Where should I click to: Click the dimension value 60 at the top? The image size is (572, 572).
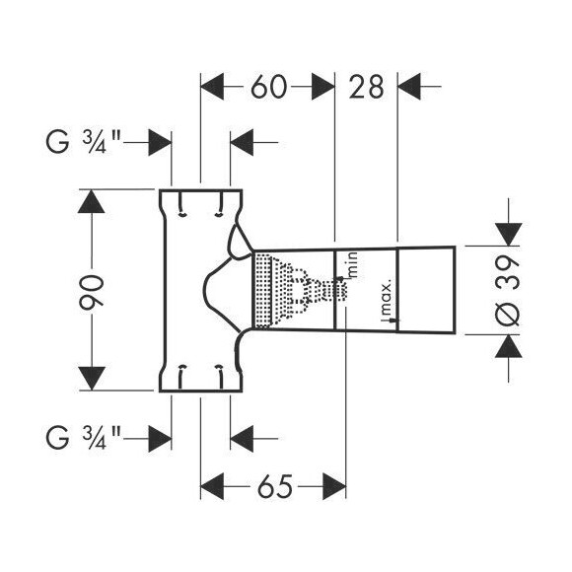(267, 87)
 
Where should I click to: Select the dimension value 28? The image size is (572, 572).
(366, 87)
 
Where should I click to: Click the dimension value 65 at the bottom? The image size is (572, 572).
(273, 487)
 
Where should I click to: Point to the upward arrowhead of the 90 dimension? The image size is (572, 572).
(91, 206)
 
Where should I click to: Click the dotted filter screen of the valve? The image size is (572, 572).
(263, 292)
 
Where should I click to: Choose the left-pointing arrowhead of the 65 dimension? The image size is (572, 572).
(215, 487)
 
